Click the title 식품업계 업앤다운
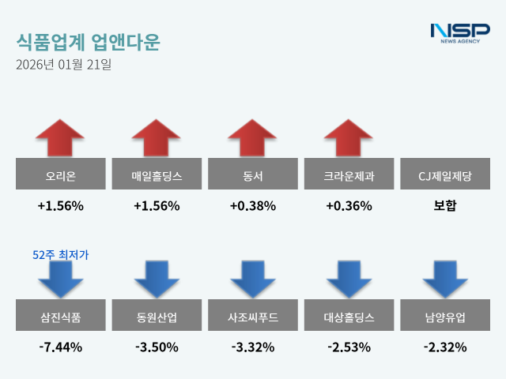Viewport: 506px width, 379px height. pos(87,40)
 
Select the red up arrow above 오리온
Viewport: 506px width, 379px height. pos(61,137)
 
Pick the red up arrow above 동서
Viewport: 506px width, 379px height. pos(253,137)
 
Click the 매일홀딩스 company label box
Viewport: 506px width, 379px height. pos(157,174)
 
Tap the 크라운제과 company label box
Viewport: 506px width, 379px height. pos(349,174)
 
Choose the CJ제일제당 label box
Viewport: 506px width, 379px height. pos(445,174)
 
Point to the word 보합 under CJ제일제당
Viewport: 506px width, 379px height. pos(445,206)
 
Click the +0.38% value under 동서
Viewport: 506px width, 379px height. pos(253,206)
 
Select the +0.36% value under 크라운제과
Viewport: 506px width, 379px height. pos(349,206)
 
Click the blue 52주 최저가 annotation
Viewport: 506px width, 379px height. pos(61,254)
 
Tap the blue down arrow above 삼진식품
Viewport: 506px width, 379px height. pos(61,279)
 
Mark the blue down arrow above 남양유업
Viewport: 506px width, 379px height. pos(445,279)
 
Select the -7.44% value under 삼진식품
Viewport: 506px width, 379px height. pos(61,347)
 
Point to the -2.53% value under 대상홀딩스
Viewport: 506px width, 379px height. pos(349,347)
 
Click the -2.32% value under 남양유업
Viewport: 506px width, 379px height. pos(445,347)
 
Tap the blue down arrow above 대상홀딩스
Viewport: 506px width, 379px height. pos(349,279)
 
